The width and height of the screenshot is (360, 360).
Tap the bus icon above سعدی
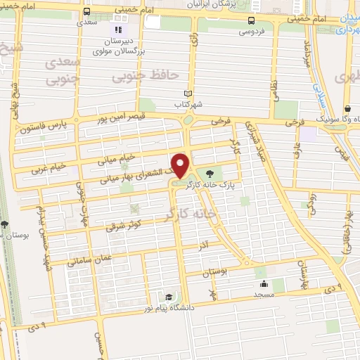86,12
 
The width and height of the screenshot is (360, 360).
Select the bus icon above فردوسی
253,20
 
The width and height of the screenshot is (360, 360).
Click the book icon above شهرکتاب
186,94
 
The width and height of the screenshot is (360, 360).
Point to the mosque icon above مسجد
263,284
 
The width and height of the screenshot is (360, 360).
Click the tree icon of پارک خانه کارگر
209,172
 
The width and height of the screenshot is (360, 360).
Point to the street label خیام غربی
49,167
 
